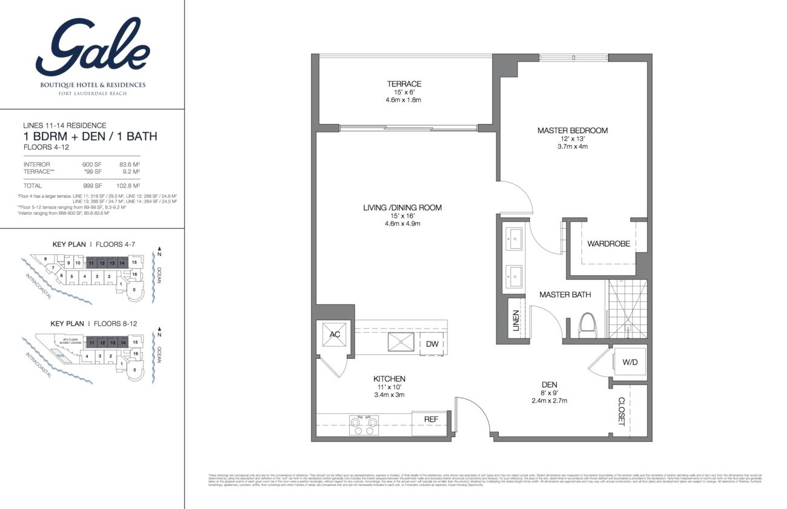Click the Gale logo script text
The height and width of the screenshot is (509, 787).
pyautogui.click(x=93, y=47)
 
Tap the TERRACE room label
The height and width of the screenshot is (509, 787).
pyautogui.click(x=404, y=84)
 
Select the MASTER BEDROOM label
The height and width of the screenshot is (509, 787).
pyautogui.click(x=572, y=130)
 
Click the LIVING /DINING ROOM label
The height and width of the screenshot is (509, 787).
pyautogui.click(x=402, y=208)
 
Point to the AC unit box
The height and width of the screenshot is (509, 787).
pyautogui.click(x=335, y=335)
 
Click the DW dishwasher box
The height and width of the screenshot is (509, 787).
pyautogui.click(x=432, y=344)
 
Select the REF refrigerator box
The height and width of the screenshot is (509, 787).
pyautogui.click(x=430, y=419)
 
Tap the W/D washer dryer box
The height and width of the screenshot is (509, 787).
pyautogui.click(x=630, y=363)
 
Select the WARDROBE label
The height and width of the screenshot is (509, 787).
pyautogui.click(x=608, y=244)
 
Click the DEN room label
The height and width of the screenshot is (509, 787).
pyautogui.click(x=549, y=384)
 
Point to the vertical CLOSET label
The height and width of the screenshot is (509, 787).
pyautogui.click(x=621, y=412)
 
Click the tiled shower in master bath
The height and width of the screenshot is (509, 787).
pyautogui.click(x=627, y=310)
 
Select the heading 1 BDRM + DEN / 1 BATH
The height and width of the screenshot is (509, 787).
pyautogui.click(x=90, y=136)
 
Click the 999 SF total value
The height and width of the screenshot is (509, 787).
pyautogui.click(x=92, y=186)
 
